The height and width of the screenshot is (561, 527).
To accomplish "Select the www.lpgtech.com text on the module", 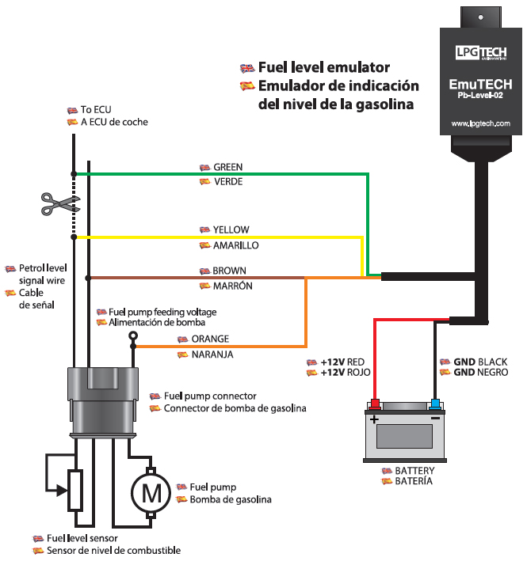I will (480, 124).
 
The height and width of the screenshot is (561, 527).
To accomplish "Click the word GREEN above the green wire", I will (228, 168).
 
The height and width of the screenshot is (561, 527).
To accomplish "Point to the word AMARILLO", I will (236, 245).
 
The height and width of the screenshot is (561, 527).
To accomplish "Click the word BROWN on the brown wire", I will (230, 271).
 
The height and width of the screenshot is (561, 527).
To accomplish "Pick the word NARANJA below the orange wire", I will (212, 355).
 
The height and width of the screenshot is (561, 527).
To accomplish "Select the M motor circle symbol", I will (151, 493).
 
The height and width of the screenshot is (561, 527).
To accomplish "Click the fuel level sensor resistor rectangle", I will (75, 490).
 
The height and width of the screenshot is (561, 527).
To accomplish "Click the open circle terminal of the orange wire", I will (133, 336).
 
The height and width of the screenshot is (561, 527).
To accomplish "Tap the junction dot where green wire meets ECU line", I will (74, 174).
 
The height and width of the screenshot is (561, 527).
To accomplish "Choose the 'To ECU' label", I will (97, 109).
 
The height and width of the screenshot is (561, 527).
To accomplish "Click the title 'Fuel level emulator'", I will (323, 68).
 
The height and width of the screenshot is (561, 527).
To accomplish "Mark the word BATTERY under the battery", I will (414, 471).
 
